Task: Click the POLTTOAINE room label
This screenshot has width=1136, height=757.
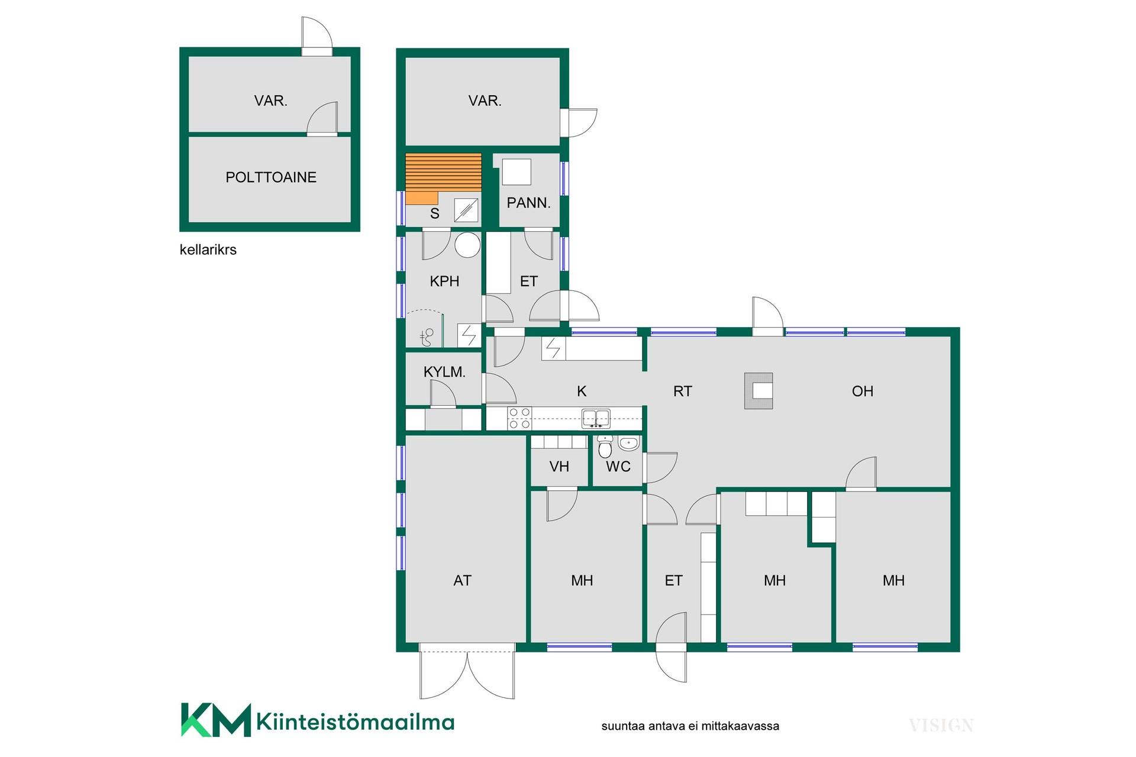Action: coord(271,177)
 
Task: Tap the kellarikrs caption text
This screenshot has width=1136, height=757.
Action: coord(208,250)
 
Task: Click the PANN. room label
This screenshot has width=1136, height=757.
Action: coord(528,203)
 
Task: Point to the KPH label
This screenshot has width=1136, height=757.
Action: coord(444,282)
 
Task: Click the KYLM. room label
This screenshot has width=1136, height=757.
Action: coord(444,372)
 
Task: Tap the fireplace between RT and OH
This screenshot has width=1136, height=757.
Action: coord(759,391)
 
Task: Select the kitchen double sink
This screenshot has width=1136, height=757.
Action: coord(596,418)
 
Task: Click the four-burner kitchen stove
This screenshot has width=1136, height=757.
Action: coord(519,418)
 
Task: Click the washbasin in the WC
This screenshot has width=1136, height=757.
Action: coord(628,443)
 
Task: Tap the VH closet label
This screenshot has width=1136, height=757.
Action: coord(559,467)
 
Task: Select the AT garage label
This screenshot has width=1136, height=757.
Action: coord(462,581)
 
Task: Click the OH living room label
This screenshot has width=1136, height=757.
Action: coord(863,391)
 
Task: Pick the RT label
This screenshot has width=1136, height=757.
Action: coord(682,391)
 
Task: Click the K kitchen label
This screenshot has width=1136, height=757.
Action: coord(582,391)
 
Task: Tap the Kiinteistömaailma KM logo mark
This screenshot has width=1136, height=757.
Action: coord(216,720)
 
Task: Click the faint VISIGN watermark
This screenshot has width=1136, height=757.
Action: coord(941,725)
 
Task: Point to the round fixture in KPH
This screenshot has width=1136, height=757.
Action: coord(468,245)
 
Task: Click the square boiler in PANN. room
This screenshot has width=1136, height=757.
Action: coord(516,172)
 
